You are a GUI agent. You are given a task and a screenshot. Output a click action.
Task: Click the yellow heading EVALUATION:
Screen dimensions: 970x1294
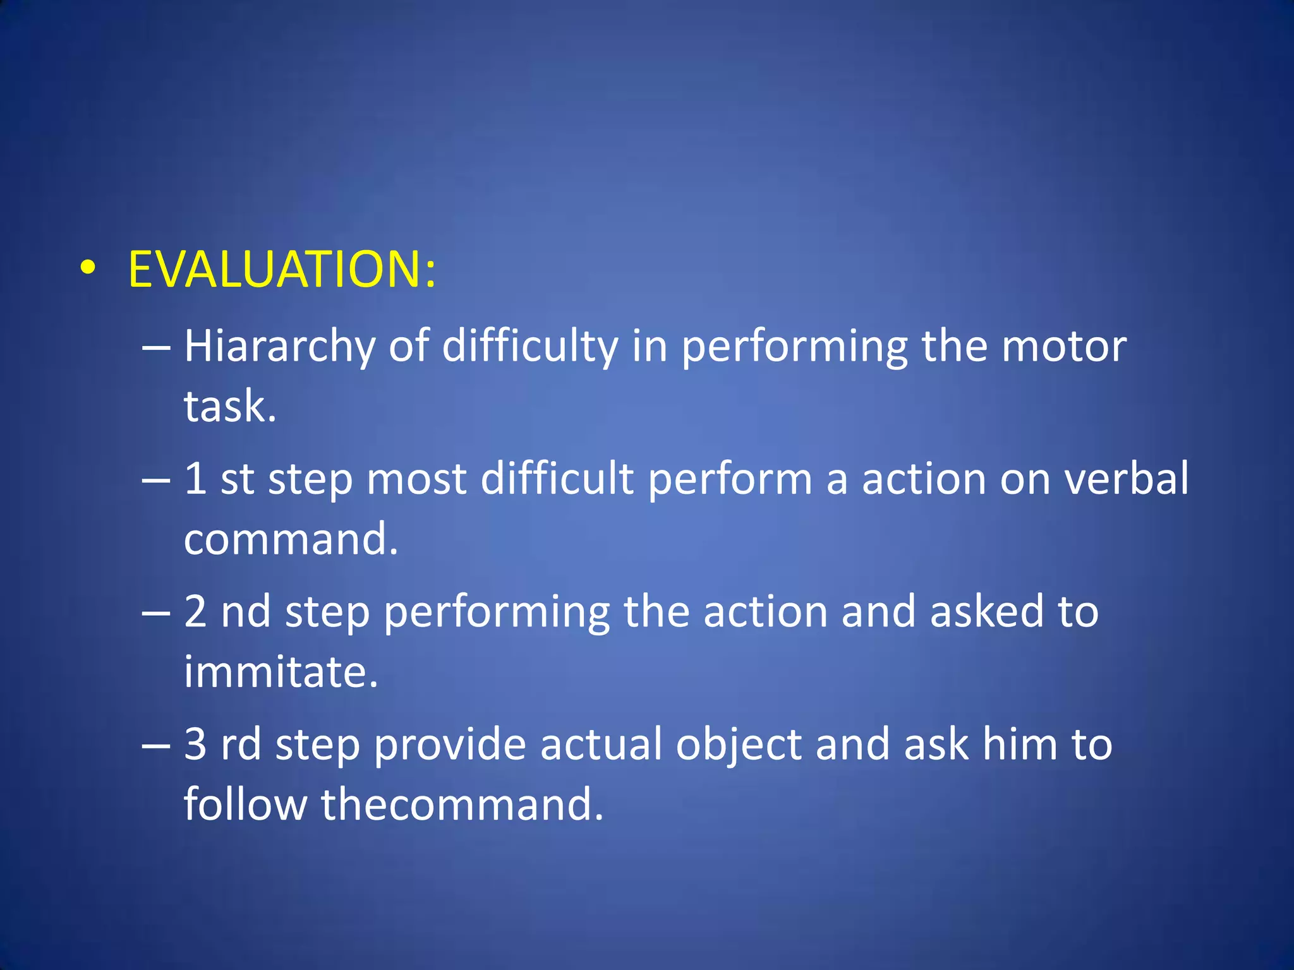tap(281, 270)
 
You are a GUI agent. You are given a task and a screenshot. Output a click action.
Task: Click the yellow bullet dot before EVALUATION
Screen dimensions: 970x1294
tap(88, 268)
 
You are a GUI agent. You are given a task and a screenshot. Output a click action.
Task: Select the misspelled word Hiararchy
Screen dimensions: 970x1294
tap(279, 347)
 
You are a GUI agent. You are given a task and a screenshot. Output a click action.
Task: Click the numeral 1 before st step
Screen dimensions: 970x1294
tap(195, 478)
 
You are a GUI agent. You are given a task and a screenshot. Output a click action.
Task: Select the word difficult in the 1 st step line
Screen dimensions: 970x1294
tap(557, 478)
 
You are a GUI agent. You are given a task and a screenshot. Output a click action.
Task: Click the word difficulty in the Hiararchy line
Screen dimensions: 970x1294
tap(529, 347)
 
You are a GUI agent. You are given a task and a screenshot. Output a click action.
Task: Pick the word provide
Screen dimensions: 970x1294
tap(450, 745)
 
